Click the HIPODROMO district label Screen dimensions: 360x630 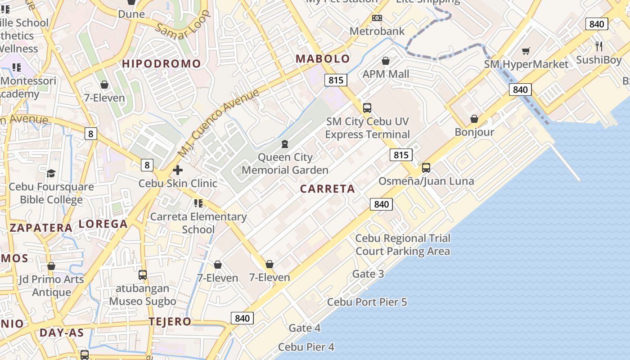tap(162, 63)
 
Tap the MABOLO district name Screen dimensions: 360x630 tap(323, 58)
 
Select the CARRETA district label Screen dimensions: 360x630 tap(328, 189)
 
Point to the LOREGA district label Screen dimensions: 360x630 tap(103, 224)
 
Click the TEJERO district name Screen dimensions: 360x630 tap(170, 322)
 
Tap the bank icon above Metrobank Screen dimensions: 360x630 tap(377, 18)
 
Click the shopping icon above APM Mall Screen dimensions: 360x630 tap(386, 61)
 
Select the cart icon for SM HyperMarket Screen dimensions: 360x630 tap(526, 51)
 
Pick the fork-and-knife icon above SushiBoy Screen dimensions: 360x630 tap(599, 46)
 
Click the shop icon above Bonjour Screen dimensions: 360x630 tap(474, 119)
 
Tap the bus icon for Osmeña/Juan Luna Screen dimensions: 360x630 tap(426, 168)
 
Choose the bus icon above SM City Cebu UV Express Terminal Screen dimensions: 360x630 tap(367, 108)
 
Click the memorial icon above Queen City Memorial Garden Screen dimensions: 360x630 tap(284, 144)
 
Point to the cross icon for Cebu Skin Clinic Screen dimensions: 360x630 tap(178, 170)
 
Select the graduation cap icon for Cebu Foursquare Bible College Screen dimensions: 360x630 tap(51, 173)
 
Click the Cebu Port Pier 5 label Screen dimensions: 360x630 tap(367, 302)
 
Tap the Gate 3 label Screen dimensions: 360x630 tap(368, 274)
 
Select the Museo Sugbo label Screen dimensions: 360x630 tap(143, 301)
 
